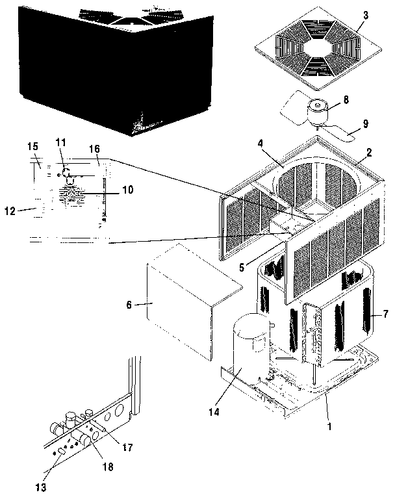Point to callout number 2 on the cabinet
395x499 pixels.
click(369, 153)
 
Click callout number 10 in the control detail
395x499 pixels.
click(127, 190)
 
